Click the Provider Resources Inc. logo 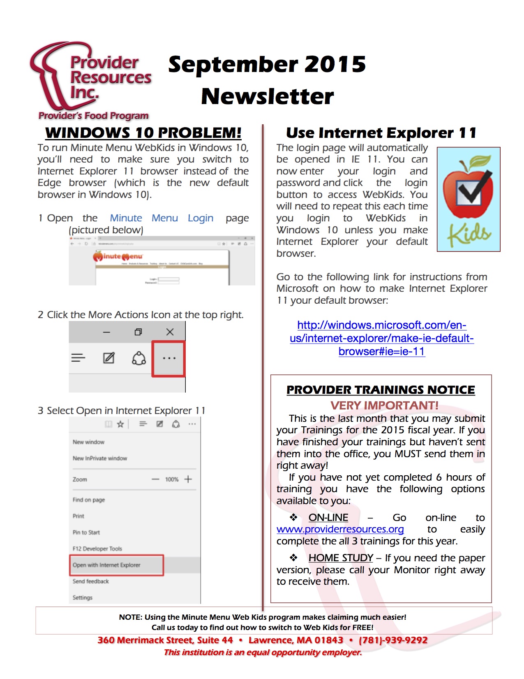coord(90,80)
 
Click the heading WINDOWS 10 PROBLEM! coord(143,133)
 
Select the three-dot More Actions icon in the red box coord(169,358)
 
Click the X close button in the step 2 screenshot coord(170,332)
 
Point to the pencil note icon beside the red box coord(108,358)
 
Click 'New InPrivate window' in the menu coord(100,458)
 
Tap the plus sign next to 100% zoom coord(188,479)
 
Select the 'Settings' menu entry coord(83,598)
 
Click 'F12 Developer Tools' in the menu coord(97,549)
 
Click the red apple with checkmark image coord(469,199)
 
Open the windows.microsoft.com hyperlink coord(381,338)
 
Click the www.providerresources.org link coord(340,529)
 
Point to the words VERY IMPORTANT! coord(384,406)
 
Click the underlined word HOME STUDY coord(341,558)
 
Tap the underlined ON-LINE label coord(328,518)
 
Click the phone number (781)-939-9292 coord(393,640)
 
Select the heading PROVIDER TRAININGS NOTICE coord(381,390)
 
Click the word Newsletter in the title coord(268,96)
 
